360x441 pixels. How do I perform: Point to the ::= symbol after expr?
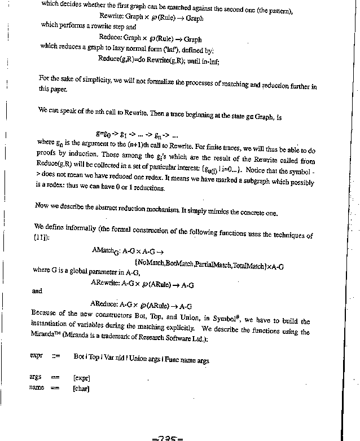click(56, 356)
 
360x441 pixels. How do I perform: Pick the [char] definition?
click(81, 388)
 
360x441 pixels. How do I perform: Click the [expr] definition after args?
click(82, 377)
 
